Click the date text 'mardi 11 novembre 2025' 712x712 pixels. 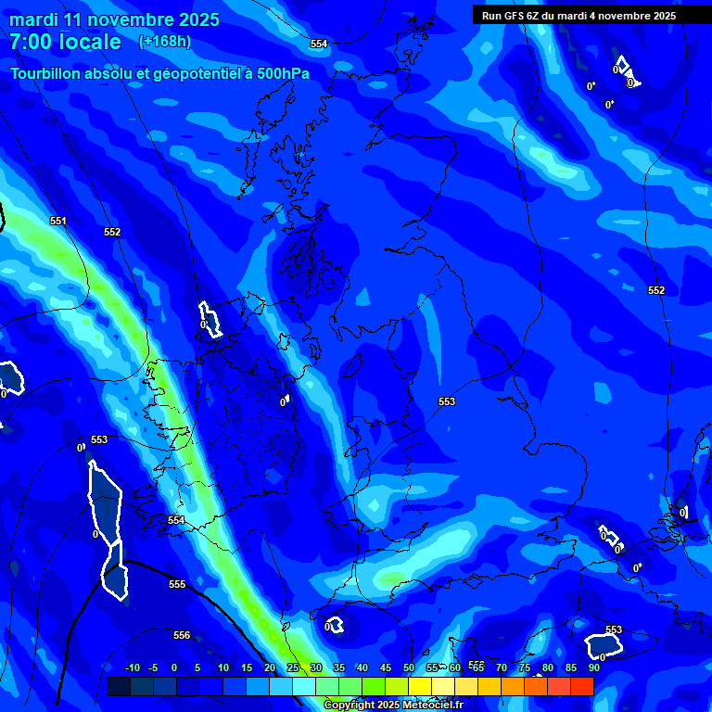click(115, 19)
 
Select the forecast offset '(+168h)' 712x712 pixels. click(165, 42)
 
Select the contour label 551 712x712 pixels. click(58, 221)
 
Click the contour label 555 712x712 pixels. click(177, 584)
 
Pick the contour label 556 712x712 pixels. click(182, 635)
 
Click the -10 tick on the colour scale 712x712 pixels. click(132, 667)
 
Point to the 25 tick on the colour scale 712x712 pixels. click(293, 667)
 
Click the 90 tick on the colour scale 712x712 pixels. click(592, 667)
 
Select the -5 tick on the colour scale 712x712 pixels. click(154, 667)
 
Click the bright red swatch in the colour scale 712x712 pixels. click(581, 686)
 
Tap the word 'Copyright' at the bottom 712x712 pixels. click(350, 705)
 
